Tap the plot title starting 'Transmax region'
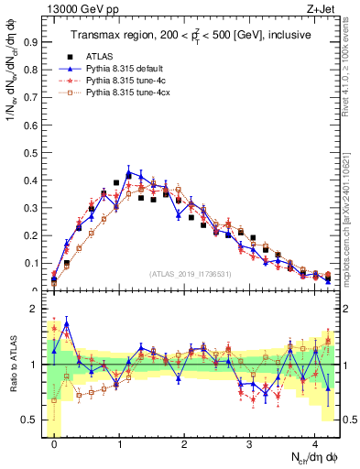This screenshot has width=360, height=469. (189, 35)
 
